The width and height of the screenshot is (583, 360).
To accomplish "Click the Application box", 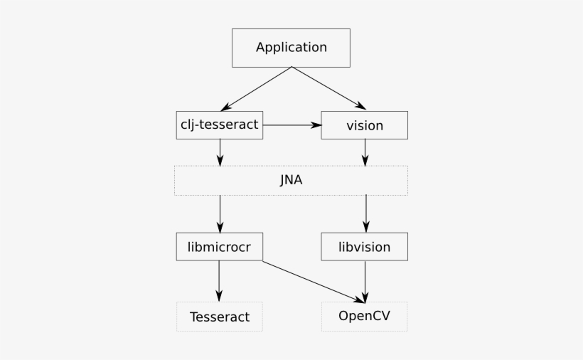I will (291, 48).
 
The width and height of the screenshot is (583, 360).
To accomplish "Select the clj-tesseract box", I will (220, 125).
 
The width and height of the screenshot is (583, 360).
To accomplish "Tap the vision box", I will (365, 125).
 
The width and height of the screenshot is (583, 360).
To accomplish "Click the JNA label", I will (291, 180).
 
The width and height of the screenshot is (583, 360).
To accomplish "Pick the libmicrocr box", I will (220, 247).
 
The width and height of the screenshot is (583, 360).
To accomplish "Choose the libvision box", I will (365, 247).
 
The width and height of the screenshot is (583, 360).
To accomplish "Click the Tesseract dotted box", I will (220, 317).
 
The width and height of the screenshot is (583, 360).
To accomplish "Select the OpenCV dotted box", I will (365, 316).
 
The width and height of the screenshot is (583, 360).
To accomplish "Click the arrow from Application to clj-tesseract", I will (256, 89).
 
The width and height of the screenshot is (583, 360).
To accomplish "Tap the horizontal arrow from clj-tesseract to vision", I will (291, 125).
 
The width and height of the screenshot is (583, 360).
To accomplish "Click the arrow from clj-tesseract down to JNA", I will (220, 152).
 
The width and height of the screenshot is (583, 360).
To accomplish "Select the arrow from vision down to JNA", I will (365, 152).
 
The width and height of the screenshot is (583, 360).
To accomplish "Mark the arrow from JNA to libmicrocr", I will (220, 213).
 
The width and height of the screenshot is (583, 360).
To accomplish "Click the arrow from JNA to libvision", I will (365, 213).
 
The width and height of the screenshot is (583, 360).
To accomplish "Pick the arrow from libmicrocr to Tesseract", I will (219, 280).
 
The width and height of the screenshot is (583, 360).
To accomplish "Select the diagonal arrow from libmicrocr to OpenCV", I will (313, 281).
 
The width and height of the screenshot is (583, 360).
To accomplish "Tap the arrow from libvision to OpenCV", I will (365, 280).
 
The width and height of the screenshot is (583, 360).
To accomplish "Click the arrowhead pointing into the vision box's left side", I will (317, 125).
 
